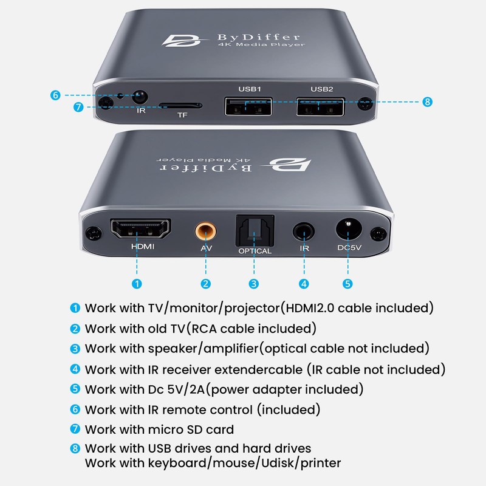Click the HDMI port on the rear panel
pos(140,230)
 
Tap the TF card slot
pos(180,105)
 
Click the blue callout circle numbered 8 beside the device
pos(427,101)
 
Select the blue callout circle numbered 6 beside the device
pos(55,95)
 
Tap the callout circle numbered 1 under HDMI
pos(137,283)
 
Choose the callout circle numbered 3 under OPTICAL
pos(254,283)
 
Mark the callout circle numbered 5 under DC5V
pos(347,283)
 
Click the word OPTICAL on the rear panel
pos(255,251)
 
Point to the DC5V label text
pos(348,248)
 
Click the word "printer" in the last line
pos(320,462)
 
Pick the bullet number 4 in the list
pos(75,369)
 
